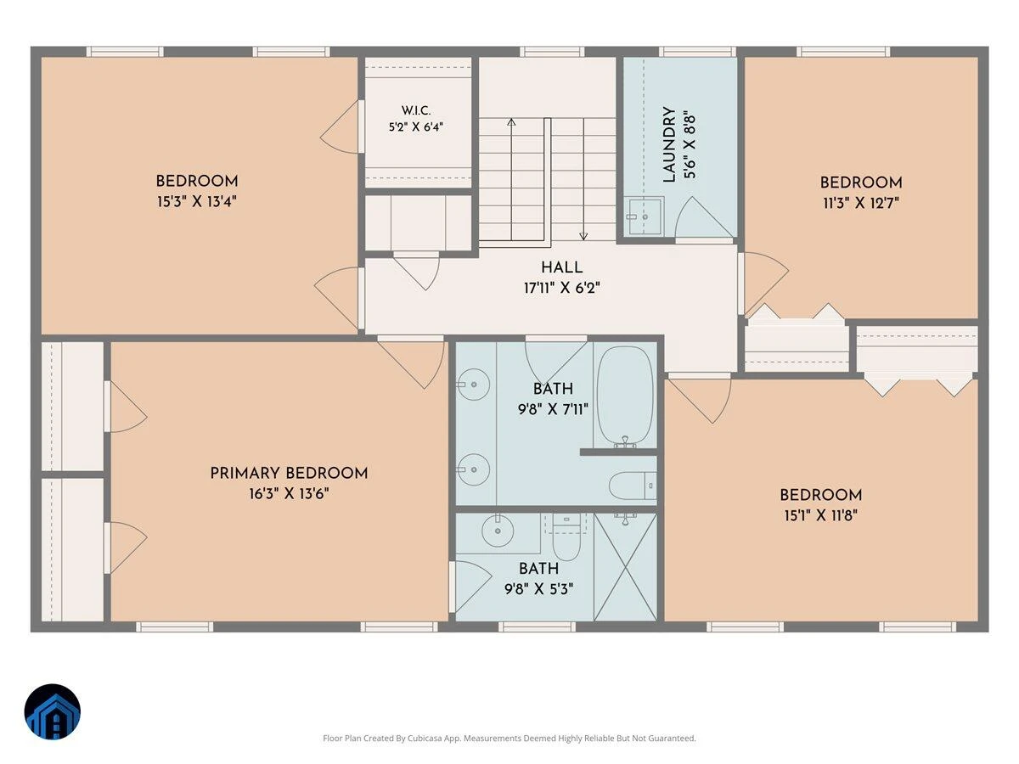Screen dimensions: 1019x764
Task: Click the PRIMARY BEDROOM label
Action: point(289,473)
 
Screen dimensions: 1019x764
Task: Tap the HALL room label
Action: point(562,267)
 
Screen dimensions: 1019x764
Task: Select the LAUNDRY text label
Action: point(669,144)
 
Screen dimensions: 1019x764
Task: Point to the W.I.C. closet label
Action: point(416,110)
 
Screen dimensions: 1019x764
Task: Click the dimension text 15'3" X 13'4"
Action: point(197,202)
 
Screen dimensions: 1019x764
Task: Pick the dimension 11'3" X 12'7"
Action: point(861,203)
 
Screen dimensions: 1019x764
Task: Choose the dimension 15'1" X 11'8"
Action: point(821,515)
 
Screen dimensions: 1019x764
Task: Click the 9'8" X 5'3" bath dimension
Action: point(539,589)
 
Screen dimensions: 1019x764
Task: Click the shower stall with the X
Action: point(625,567)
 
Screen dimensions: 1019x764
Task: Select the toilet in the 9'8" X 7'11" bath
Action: point(633,486)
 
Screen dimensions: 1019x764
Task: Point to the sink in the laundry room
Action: point(646,216)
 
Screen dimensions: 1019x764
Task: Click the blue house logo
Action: point(53,712)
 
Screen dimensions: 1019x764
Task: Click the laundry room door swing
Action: point(703,217)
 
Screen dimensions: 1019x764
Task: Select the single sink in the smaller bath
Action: point(498,531)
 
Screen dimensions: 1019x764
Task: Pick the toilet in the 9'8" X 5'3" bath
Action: point(566,537)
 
